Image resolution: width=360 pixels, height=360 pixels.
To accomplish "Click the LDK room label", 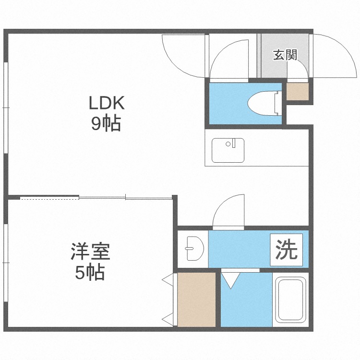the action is [107, 103].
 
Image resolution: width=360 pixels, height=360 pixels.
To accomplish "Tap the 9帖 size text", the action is [106, 123].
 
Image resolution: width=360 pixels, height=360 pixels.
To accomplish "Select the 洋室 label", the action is [90, 252].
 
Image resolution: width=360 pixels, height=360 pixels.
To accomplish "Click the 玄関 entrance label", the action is [285, 55].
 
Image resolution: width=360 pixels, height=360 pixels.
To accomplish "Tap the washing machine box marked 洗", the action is [286, 250].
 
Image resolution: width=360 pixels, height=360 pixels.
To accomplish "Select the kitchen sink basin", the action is [228, 150].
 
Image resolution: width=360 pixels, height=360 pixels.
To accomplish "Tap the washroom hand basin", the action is [195, 249].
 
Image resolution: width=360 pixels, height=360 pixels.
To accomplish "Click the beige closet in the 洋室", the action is [196, 300].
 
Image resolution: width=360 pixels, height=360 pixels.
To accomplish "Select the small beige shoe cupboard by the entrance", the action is [298, 91].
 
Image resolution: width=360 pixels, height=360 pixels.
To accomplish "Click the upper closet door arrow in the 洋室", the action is [168, 280].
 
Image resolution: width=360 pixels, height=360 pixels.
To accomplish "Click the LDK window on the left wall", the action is [6, 108].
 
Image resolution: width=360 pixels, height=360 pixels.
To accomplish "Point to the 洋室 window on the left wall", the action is [6, 263].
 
